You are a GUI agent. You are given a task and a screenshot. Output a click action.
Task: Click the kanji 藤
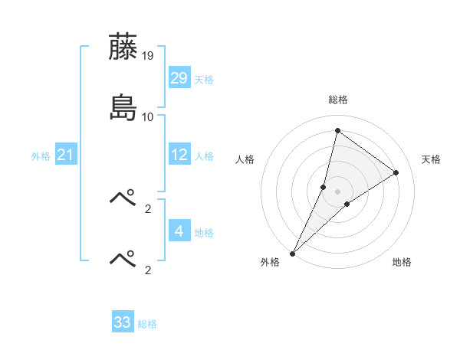click(x=123, y=47)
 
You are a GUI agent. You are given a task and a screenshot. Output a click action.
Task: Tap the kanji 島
click(x=123, y=108)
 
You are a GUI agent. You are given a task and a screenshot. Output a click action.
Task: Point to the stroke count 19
click(x=149, y=55)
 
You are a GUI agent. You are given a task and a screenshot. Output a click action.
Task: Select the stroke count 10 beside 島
click(x=148, y=116)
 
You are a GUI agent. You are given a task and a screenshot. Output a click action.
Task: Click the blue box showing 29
click(x=179, y=79)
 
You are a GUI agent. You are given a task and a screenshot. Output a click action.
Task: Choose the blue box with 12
click(x=179, y=155)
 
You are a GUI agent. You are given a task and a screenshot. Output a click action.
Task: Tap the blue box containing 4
click(x=179, y=231)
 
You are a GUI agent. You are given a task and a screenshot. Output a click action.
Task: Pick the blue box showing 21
click(x=66, y=155)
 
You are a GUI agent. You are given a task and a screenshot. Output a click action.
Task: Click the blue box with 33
click(x=123, y=322)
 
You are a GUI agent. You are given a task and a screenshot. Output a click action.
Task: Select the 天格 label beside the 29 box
click(x=204, y=80)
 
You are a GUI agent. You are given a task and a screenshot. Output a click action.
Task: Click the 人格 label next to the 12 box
click(x=204, y=156)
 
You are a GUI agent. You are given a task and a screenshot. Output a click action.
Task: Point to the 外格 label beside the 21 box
click(x=41, y=156)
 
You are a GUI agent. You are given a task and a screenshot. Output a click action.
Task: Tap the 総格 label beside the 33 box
click(x=147, y=324)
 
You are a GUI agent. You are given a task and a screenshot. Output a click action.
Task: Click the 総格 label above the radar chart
click(x=338, y=100)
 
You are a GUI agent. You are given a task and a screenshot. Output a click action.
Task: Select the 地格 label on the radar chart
click(x=402, y=263)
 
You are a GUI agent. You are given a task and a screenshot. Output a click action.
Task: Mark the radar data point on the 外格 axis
click(x=292, y=254)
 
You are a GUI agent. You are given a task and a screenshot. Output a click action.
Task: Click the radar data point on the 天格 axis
click(x=396, y=172)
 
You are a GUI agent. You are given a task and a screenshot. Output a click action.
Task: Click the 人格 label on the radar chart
click(x=245, y=159)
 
